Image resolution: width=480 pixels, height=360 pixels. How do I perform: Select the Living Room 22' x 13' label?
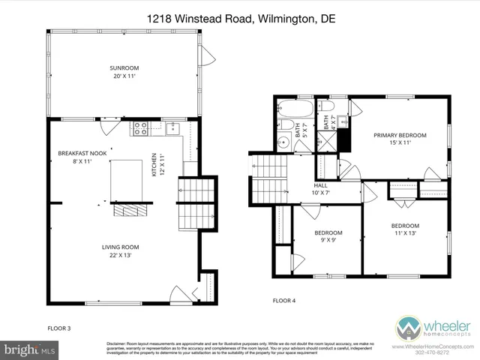[121, 251]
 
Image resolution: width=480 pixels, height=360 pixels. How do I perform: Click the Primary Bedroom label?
[400, 138]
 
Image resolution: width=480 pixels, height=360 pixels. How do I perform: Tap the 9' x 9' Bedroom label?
[328, 237]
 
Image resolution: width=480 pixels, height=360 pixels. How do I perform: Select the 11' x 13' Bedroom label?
[404, 229]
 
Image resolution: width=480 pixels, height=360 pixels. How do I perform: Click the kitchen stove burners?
[139, 128]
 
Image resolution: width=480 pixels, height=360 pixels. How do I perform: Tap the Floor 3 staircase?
[188, 207]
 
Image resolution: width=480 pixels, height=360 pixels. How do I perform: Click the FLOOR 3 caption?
[60, 328]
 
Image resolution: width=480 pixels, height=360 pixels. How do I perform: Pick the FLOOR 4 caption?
[283, 300]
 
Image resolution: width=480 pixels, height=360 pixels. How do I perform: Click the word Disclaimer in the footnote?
[118, 341]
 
